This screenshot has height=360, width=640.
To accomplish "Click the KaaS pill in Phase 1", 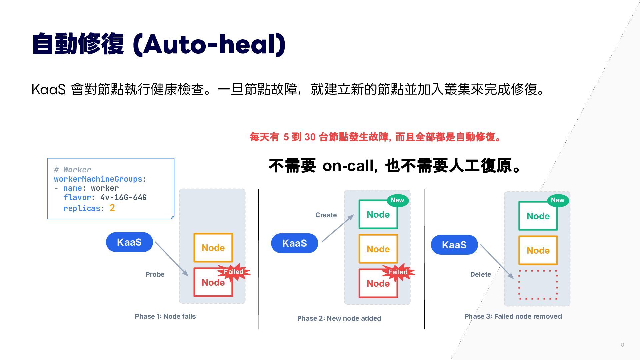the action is [129, 242].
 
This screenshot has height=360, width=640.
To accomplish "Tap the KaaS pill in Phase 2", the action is [295, 243].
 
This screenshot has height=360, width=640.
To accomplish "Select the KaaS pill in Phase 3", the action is [454, 245].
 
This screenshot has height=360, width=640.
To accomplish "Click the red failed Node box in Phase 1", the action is [213, 282].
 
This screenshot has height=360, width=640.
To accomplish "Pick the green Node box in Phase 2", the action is [378, 214].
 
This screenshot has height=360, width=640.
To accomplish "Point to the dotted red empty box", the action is [538, 270].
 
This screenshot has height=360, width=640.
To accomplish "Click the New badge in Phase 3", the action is [558, 200].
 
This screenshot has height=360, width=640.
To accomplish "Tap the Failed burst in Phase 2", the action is [398, 272].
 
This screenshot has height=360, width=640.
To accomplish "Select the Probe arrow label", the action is [155, 274].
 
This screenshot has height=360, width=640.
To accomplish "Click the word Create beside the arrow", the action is [326, 215].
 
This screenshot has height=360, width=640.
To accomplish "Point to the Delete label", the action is [481, 274].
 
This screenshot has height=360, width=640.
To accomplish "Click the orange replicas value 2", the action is [112, 208].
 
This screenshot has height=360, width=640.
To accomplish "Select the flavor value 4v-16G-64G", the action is [124, 197].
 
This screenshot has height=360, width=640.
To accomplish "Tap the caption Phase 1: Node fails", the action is [165, 316].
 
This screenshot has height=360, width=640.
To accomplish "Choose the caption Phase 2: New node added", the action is [339, 318].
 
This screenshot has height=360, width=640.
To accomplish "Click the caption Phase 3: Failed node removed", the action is [513, 316].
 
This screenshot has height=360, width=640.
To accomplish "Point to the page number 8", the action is [622, 345].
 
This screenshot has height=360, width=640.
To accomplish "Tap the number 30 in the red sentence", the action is [310, 137].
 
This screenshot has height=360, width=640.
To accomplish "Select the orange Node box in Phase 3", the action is [538, 250].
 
